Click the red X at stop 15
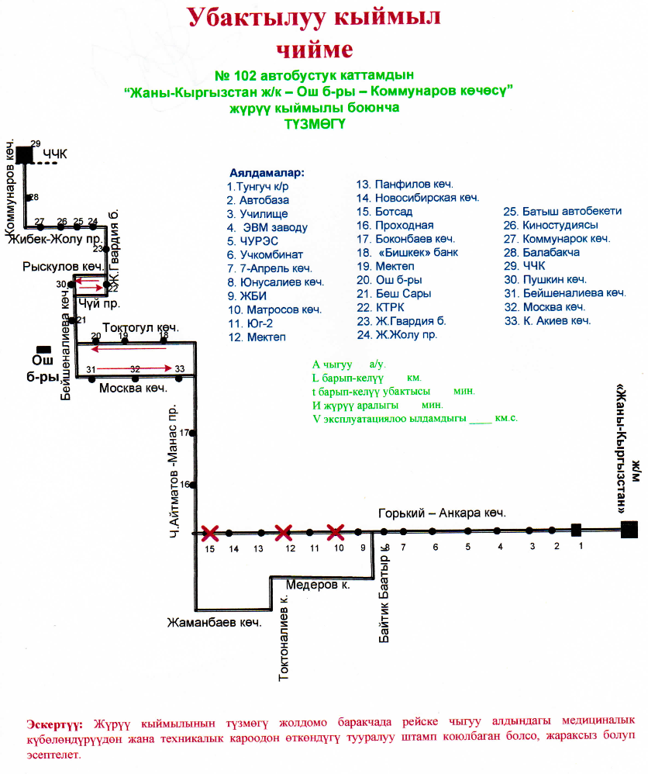point(209,533)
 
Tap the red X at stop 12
point(284,532)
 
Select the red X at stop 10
point(335,532)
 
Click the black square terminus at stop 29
point(25,154)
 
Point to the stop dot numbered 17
point(193,433)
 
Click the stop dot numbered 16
point(193,485)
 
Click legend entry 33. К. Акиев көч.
point(547,321)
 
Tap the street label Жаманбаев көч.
point(215,622)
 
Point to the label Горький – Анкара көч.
point(442,513)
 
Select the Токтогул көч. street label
point(141,328)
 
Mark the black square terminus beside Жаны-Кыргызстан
point(630,530)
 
